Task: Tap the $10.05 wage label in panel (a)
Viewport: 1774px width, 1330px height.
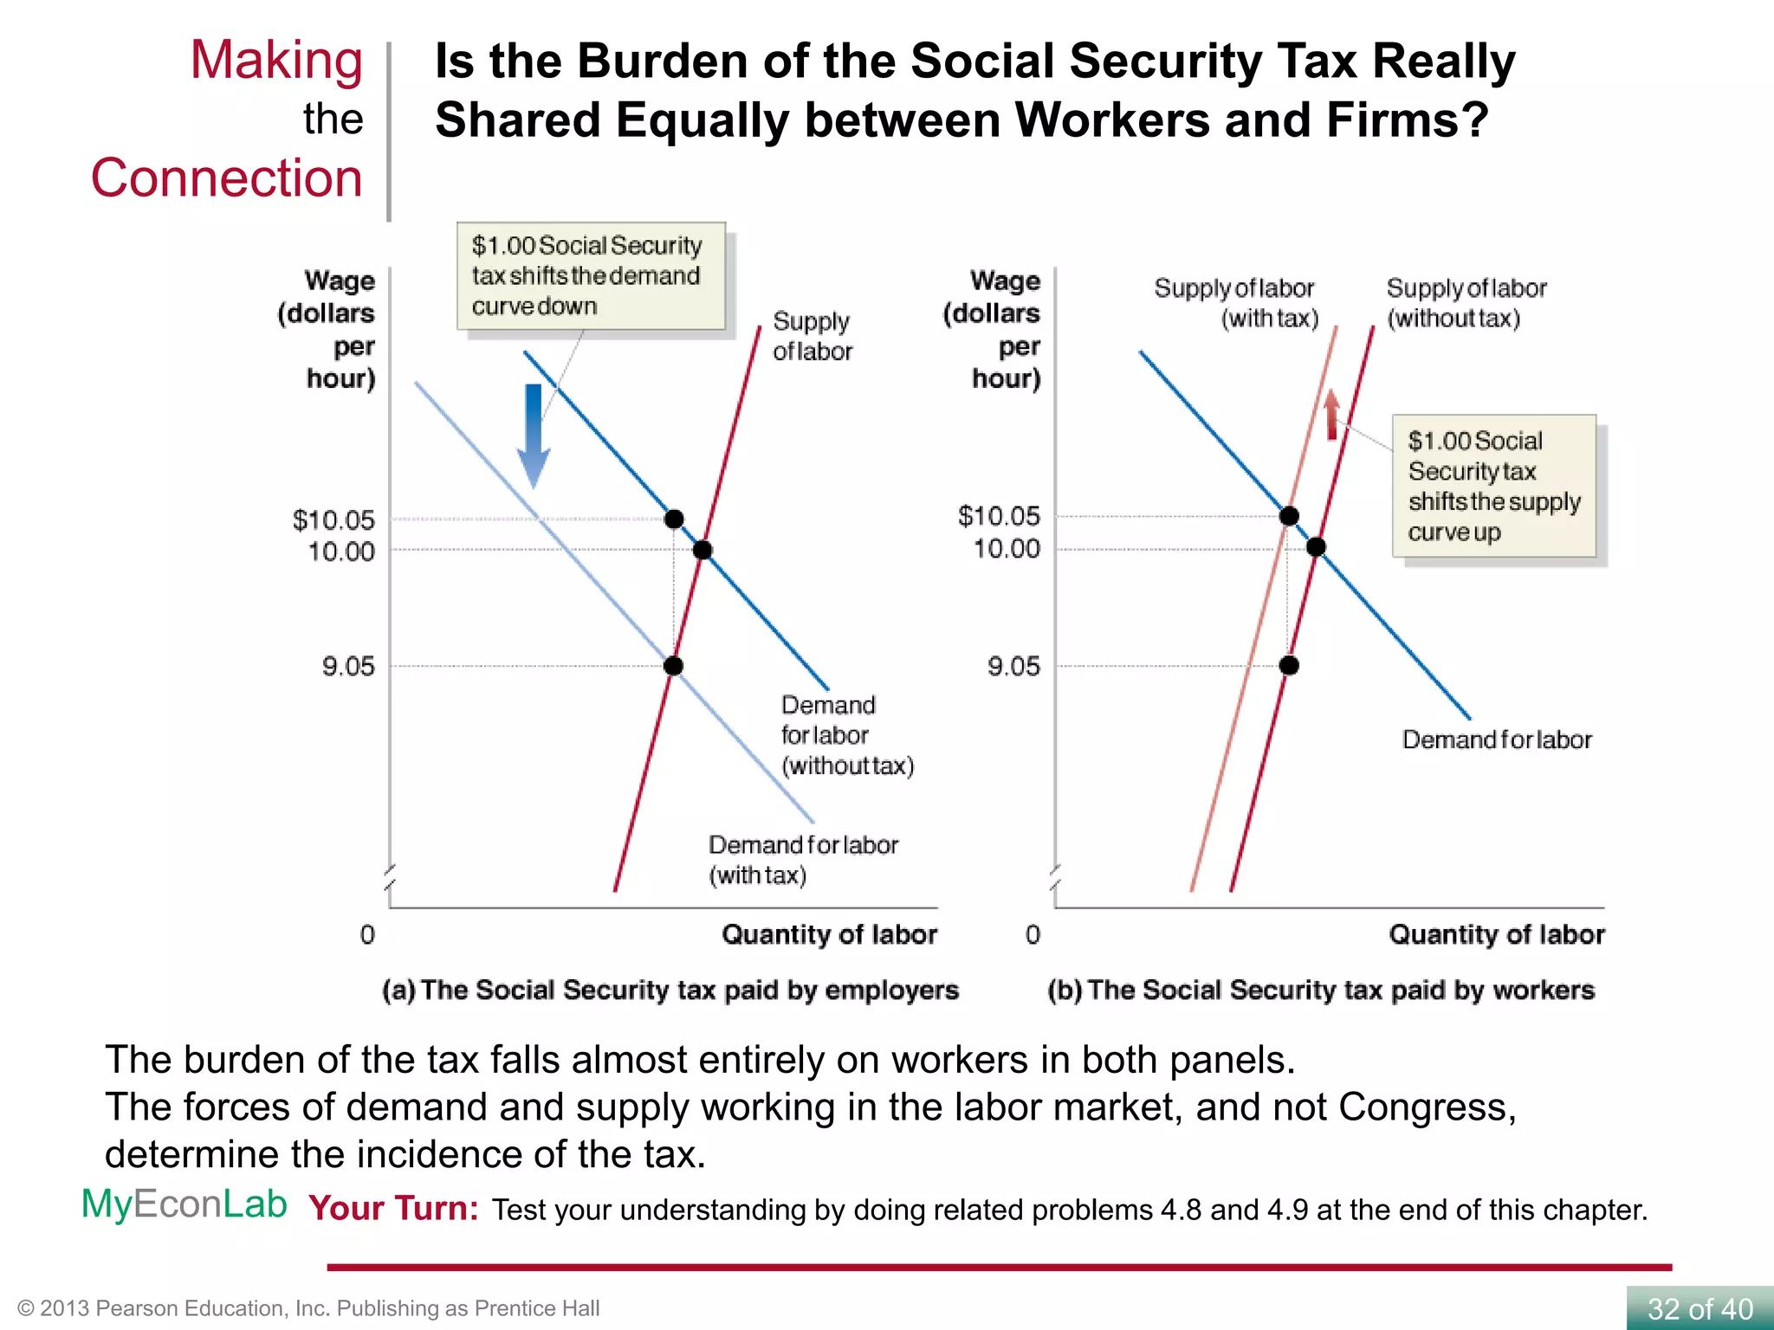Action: pyautogui.click(x=333, y=520)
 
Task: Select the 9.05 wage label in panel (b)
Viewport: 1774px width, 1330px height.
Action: pyautogui.click(x=1013, y=666)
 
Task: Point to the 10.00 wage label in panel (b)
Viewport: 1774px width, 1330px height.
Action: pyautogui.click(x=1007, y=548)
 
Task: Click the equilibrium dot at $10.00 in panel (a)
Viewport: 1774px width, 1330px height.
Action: pyautogui.click(x=702, y=550)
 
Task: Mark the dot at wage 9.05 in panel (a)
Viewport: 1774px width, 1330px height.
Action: pyautogui.click(x=673, y=666)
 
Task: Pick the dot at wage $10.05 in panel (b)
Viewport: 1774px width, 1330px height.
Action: pyautogui.click(x=1289, y=516)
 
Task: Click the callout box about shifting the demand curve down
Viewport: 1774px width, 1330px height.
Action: pyautogui.click(x=591, y=275)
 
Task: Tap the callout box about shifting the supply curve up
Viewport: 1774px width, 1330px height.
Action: pyautogui.click(x=1493, y=486)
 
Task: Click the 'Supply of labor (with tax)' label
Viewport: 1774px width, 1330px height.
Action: pyautogui.click(x=1236, y=303)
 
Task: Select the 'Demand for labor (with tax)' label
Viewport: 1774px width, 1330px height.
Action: pyautogui.click(x=802, y=859)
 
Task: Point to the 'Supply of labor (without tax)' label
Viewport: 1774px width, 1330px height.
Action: pyautogui.click(x=1466, y=303)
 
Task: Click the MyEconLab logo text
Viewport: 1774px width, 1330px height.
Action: pyautogui.click(x=184, y=1204)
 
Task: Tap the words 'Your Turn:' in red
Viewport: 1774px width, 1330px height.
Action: pyautogui.click(x=393, y=1209)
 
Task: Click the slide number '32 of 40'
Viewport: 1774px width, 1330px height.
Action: pyautogui.click(x=1700, y=1308)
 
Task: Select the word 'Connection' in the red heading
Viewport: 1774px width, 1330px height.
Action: pyautogui.click(x=226, y=178)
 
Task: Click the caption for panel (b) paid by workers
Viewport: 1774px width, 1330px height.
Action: pyautogui.click(x=1320, y=990)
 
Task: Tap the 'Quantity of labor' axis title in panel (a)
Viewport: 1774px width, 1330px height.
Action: pyautogui.click(x=829, y=934)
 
